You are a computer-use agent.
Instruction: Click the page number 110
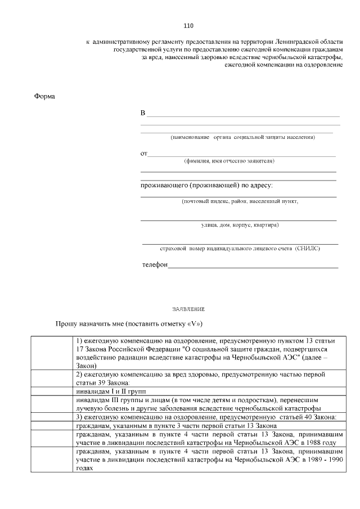[x=188, y=26]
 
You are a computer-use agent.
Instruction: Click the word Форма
[x=45, y=96]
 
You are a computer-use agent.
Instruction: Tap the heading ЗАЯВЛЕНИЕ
[x=188, y=309]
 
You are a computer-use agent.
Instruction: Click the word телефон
[x=155, y=265]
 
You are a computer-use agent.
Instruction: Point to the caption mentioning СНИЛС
[x=240, y=248]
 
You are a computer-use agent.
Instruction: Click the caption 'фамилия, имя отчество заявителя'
[x=229, y=161]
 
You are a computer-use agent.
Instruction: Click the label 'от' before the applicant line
[x=144, y=154]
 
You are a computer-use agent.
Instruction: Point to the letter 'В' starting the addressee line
[x=143, y=114]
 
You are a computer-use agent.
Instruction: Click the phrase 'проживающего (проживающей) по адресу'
[x=206, y=185]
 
